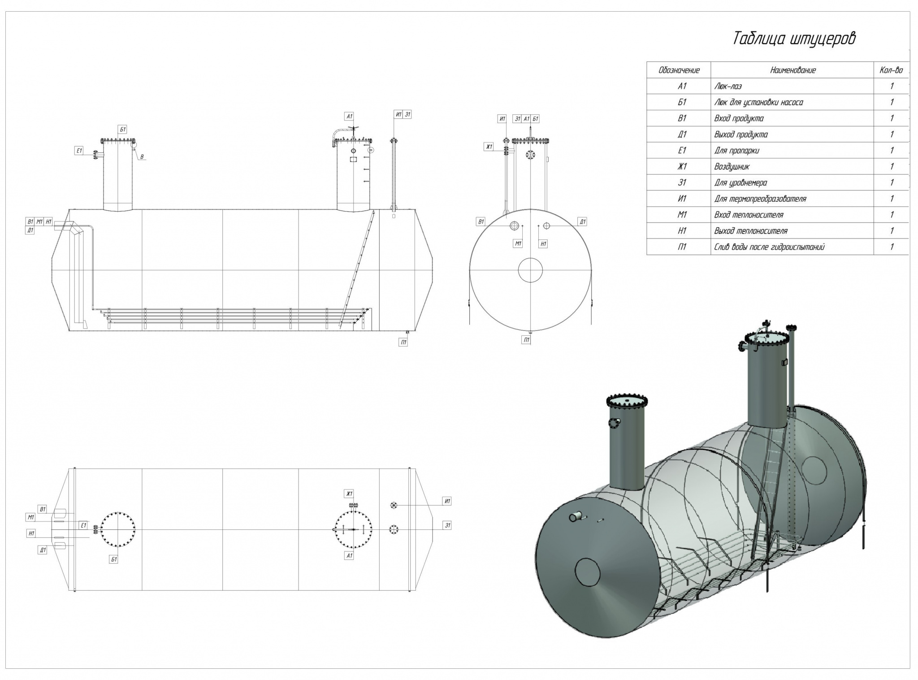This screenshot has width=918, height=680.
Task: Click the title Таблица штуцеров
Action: point(794,39)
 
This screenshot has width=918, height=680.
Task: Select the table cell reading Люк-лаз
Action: point(728,87)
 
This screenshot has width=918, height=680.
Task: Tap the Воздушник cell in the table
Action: point(732,167)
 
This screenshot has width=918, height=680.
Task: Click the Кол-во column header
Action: point(891,70)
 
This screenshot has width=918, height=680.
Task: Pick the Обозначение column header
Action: point(679,70)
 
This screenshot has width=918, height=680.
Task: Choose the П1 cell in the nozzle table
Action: point(682,247)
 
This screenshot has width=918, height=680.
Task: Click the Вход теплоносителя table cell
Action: point(749,215)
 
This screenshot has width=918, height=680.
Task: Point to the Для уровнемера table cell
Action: point(740,183)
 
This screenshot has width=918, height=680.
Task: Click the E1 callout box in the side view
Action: point(79,151)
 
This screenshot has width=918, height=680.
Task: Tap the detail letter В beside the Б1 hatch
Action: point(142,157)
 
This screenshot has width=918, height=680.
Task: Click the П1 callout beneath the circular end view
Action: point(527,340)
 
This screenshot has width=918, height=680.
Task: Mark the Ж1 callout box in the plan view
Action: point(349,494)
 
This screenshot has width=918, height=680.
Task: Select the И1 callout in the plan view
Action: point(447,501)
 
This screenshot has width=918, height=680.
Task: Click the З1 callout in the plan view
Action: point(447,525)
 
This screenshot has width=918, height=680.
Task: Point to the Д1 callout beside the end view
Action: point(582,221)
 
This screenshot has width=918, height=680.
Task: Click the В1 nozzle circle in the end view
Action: point(514,226)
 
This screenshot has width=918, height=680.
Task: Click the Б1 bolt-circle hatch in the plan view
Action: point(118,529)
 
